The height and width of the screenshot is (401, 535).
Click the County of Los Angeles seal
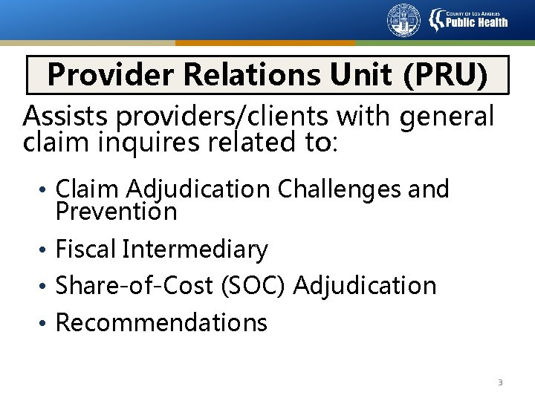pyautogui.click(x=403, y=20)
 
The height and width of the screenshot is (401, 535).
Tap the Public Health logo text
pyautogui.click(x=476, y=21)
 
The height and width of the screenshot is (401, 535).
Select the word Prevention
pyautogui.click(x=117, y=212)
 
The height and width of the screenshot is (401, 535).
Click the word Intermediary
pyautogui.click(x=195, y=250)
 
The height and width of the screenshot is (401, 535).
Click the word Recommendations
pyautogui.click(x=161, y=322)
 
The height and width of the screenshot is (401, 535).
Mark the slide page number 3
pyautogui.click(x=500, y=382)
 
